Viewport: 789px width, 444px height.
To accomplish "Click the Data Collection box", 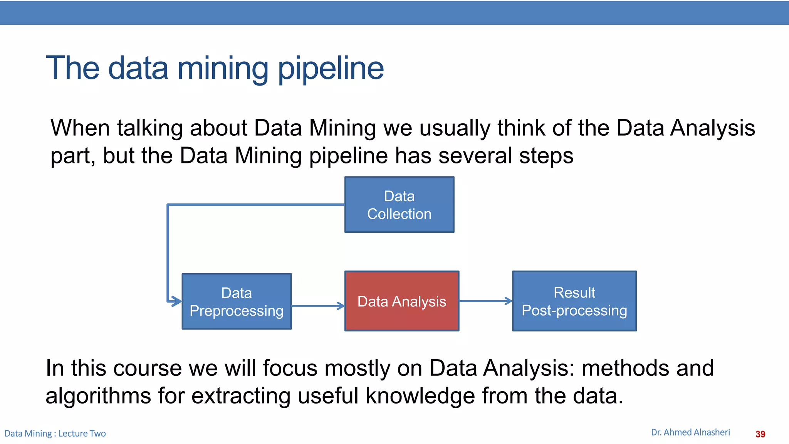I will pos(399,205).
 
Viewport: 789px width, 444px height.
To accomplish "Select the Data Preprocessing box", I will pos(237,301).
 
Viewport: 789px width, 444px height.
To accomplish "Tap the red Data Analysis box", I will pos(401,301).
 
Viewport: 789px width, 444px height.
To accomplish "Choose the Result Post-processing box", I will pos(574,301).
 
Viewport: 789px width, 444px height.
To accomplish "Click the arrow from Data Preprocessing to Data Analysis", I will pos(317,306).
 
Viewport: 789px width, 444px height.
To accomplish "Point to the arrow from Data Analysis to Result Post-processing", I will pos(485,301).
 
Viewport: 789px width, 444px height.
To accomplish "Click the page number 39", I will pos(760,434).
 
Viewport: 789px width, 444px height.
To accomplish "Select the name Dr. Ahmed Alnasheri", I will pos(690,432).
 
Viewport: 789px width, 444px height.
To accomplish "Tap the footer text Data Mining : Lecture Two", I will pos(55,434).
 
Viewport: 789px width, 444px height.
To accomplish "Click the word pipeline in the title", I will pos(331,69).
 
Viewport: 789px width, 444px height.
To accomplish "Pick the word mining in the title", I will pos(222,69).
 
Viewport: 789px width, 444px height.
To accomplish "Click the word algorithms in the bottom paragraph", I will pos(98,396).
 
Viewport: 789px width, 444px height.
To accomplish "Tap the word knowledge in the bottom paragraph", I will pos(420,396).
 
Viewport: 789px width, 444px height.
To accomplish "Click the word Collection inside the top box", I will pos(399,214).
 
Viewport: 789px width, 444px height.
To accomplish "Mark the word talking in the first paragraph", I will pos(150,128).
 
